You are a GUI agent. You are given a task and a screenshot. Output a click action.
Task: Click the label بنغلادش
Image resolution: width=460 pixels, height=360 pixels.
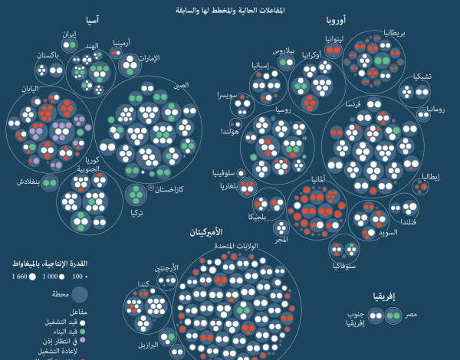(x=26, y=182)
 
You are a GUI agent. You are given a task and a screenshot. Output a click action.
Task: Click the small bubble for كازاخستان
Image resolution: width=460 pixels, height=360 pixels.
(x=151, y=187)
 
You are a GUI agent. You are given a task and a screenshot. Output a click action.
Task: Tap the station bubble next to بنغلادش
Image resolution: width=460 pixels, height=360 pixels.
(x=50, y=182)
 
